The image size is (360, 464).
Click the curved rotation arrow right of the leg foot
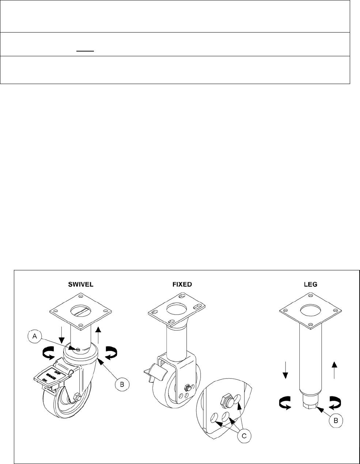click(x=335, y=403)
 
